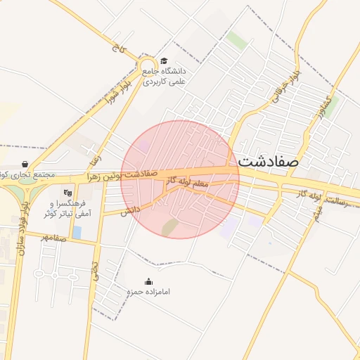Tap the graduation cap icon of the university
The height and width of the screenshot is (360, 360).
pyautogui.click(x=165, y=61)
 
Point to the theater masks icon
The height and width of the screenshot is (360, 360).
pyautogui.click(x=68, y=191)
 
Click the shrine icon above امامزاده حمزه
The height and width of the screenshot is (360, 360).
pyautogui.click(x=148, y=281)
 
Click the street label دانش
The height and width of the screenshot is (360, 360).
pyautogui.click(x=129, y=210)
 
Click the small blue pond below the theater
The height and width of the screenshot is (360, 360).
pyautogui.click(x=77, y=231)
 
